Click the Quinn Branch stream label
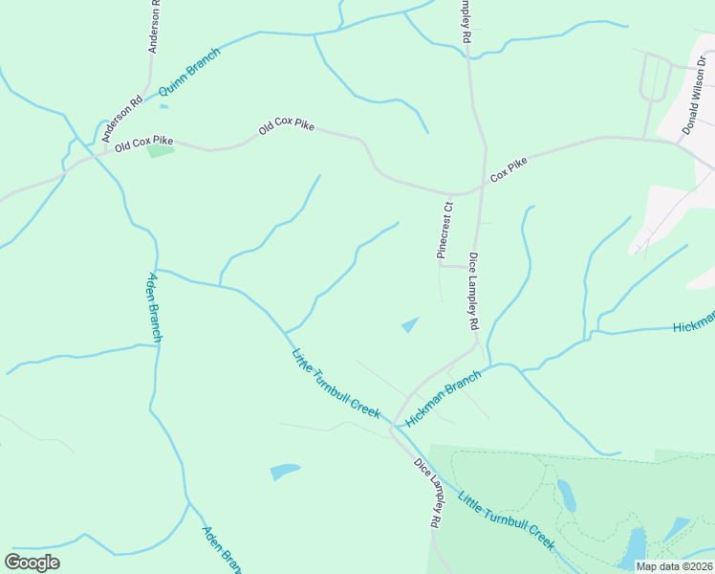coord(189,73)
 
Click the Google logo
coord(32,563)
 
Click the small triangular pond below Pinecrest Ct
coord(410,325)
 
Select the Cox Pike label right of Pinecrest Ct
coord(509,172)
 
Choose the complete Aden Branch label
coord(154,308)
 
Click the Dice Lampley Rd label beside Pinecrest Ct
coord(473,291)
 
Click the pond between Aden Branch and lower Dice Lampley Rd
coord(285,471)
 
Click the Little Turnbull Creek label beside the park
coord(506,520)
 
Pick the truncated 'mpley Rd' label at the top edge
coord(466,20)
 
